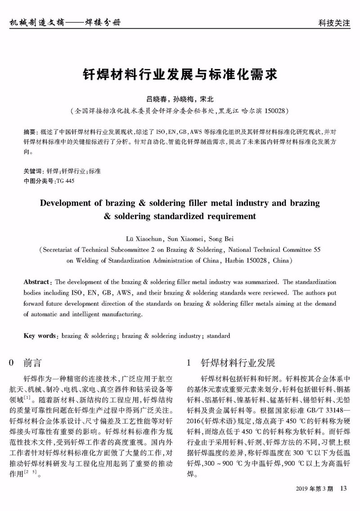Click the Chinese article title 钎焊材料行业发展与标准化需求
tap(180, 74)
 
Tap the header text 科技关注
tap(333, 23)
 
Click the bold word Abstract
tap(37, 282)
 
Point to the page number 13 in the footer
tap(344, 489)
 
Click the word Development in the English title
tap(66, 203)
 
